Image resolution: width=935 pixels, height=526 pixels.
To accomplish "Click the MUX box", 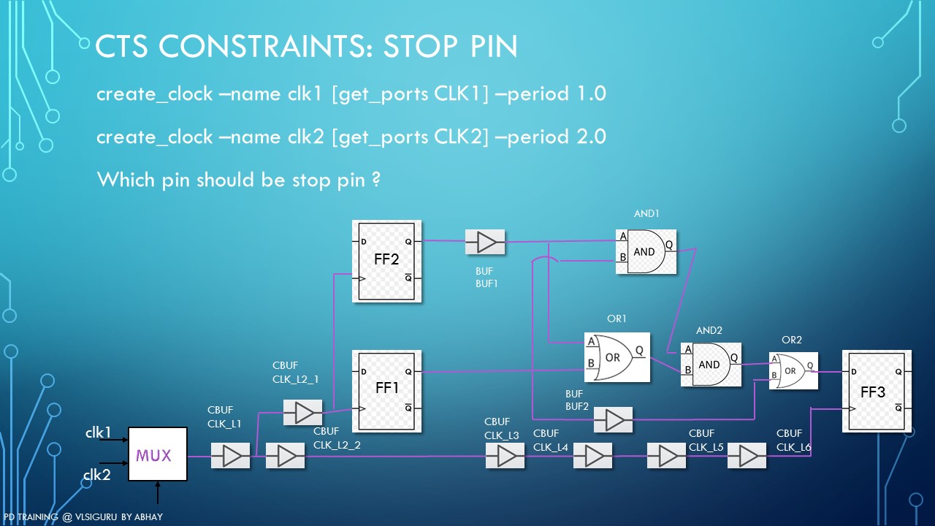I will [x=157, y=454].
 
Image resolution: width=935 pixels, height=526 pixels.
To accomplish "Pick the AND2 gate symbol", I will [x=710, y=364].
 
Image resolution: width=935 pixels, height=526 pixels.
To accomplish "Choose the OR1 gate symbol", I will [x=616, y=358].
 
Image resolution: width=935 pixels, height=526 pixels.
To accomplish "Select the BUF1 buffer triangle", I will [x=485, y=241].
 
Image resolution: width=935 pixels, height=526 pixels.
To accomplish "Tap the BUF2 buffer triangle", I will [x=614, y=420].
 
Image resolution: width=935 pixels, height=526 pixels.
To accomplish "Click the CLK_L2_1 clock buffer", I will [x=302, y=413].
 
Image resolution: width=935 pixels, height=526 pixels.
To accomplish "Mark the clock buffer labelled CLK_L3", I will [x=505, y=457].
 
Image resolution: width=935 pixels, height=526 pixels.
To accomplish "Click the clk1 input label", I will [x=98, y=432].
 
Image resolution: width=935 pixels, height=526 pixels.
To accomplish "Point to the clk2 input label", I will [x=96, y=476].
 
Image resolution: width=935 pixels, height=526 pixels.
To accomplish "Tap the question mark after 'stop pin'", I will [x=375, y=179].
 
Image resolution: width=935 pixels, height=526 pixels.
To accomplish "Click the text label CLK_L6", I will [x=794, y=447].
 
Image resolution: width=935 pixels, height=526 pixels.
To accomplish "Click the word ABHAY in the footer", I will [x=148, y=517].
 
